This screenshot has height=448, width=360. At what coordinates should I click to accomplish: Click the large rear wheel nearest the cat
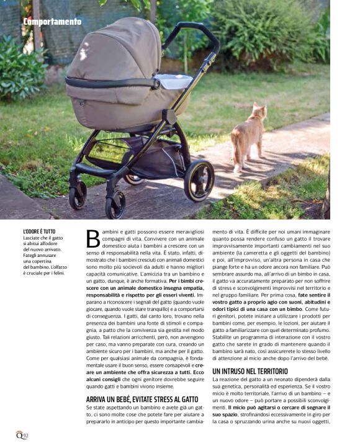(x=199, y=181)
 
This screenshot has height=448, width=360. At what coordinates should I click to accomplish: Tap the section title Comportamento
(x=52, y=22)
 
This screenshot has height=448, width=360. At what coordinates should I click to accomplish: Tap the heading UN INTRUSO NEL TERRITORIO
(x=250, y=371)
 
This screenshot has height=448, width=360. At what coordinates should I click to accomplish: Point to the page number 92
(x=25, y=435)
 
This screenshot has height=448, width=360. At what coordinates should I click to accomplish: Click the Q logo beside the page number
(x=19, y=434)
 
